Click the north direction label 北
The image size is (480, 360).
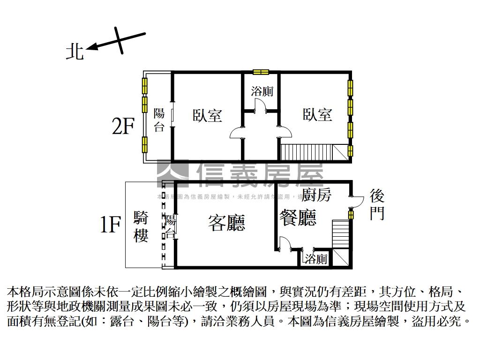tap(75, 52)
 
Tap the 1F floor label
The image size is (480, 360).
tap(111, 225)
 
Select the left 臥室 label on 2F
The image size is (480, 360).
tap(207, 115)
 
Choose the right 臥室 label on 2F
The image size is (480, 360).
tap(317, 114)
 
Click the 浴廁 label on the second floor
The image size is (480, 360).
tap(262, 91)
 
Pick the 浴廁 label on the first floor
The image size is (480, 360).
tap(316, 259)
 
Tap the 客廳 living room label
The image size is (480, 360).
tap(226, 223)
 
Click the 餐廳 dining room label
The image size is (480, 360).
tap(298, 217)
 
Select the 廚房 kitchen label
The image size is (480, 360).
tap(316, 195)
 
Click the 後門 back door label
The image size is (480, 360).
tap(377, 204)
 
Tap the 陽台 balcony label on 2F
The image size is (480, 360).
tap(159, 120)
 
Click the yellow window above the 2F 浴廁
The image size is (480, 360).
tap(260, 72)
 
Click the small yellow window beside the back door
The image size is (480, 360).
tap(351, 214)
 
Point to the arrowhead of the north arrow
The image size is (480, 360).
tap(90, 47)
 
